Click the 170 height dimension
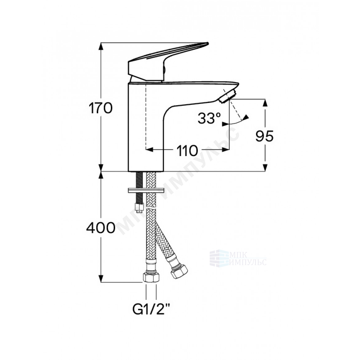pos(101,108)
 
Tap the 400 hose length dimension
pos(101,228)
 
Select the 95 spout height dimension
pos(264,136)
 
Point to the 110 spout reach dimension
pos(187,151)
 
